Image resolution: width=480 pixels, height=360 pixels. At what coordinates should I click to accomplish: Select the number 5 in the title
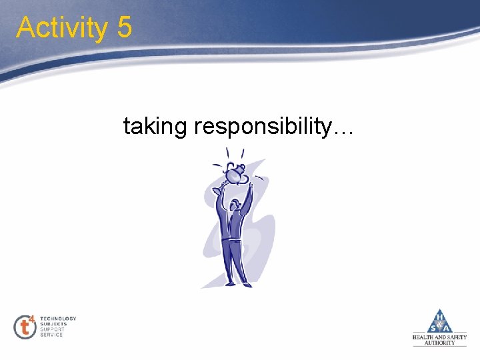[x=123, y=28]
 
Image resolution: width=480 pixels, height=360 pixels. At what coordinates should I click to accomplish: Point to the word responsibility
[x=261, y=126]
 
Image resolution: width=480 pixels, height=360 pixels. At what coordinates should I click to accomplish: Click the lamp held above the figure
[x=235, y=175]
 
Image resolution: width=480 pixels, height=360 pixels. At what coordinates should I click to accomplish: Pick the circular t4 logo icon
[x=25, y=327]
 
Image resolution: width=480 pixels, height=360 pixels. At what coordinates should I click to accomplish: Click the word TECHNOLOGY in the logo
[x=59, y=319]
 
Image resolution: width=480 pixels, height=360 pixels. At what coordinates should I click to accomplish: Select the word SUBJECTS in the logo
[x=53, y=324]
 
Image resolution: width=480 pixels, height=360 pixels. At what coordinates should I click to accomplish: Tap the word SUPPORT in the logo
[x=53, y=329]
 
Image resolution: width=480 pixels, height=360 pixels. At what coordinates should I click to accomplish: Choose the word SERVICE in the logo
[x=52, y=335]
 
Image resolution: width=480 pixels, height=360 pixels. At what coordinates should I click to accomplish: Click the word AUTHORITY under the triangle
[x=439, y=343]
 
